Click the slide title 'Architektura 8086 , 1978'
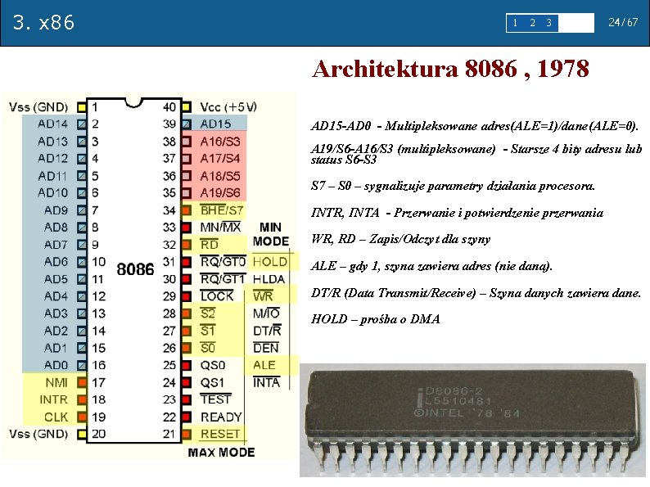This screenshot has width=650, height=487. point(450,70)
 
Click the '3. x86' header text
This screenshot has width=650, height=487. point(44,22)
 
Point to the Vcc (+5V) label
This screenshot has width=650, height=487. point(228,107)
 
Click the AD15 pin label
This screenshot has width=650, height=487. point(215,124)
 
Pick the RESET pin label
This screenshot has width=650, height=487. point(220,434)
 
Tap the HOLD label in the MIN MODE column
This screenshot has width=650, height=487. point(269,262)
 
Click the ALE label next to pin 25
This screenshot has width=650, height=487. point(265,365)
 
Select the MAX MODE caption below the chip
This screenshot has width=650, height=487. point(221,452)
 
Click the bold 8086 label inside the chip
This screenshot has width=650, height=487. point(136,269)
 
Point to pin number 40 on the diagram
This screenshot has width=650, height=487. point(169,107)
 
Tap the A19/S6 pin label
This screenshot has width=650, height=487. point(220,193)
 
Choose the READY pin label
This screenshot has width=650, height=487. point(221,417)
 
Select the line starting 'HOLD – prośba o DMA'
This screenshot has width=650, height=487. point(376,319)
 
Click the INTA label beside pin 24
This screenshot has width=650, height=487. point(267,382)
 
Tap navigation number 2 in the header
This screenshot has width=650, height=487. point(533,22)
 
